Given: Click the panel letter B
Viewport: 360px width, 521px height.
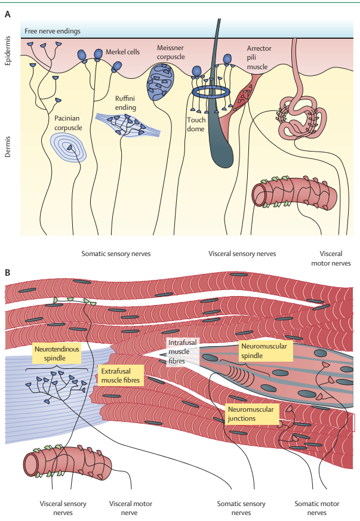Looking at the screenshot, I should point(8,273).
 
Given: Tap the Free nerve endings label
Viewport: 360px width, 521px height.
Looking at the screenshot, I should point(52,31).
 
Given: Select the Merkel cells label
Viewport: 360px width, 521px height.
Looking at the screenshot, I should point(122,52).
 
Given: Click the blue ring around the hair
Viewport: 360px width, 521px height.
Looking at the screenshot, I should point(210,92).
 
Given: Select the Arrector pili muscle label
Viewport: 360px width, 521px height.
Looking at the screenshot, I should point(259,57).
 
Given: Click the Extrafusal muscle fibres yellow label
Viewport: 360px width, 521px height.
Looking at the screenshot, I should point(120,374).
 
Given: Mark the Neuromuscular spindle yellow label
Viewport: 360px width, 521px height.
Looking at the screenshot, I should point(265,350).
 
